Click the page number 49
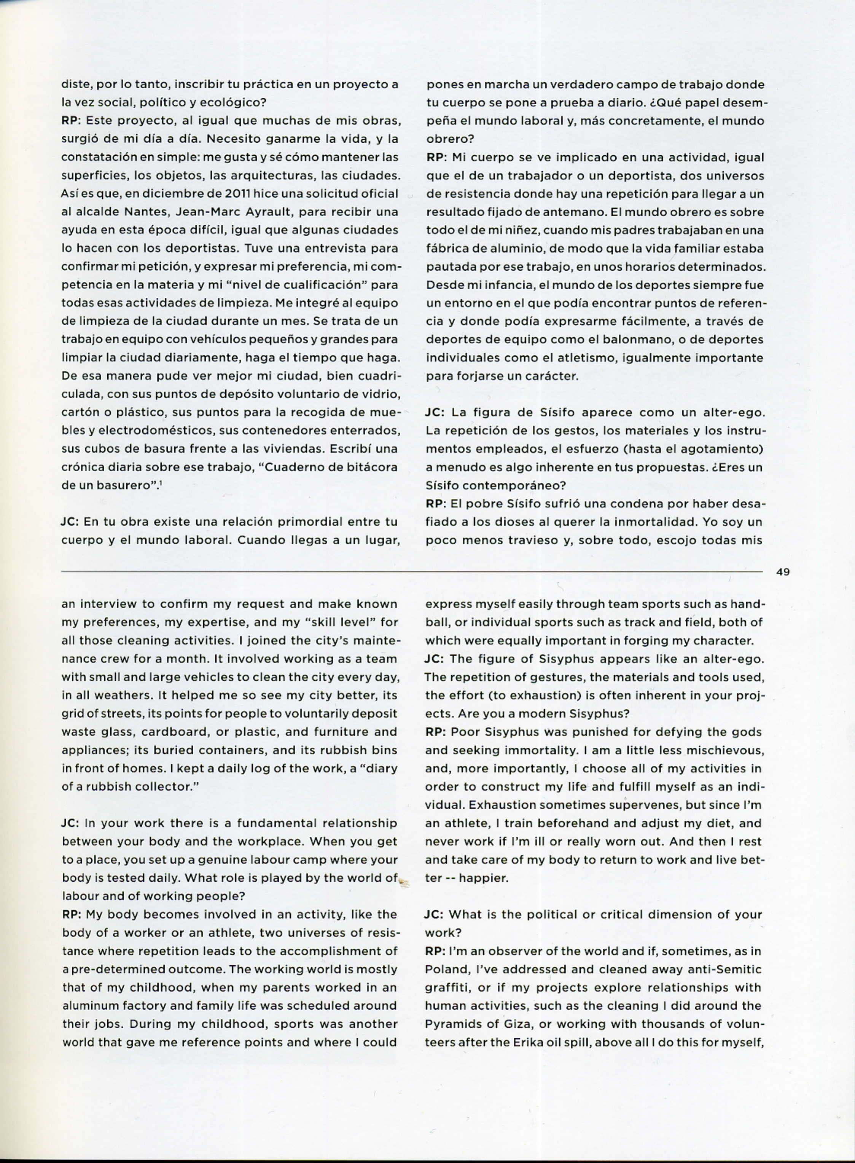coord(783,572)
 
